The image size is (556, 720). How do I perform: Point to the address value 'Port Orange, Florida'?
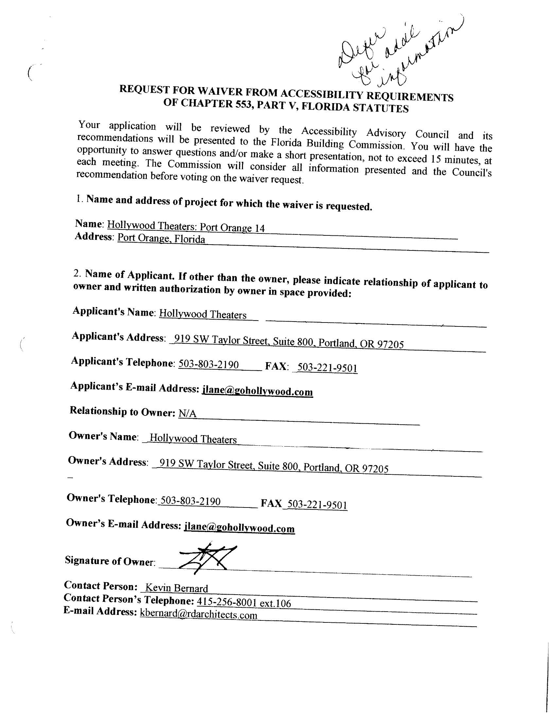161,238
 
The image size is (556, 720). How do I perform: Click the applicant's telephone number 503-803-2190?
209,364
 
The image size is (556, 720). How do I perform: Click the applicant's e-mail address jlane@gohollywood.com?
257,391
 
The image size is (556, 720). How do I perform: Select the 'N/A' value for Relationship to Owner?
187,414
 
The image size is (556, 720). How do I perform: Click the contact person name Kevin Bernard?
177,588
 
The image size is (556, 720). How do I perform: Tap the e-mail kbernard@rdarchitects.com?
199,615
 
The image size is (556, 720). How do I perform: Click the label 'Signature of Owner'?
110,561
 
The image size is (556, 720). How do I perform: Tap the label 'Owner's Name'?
103,436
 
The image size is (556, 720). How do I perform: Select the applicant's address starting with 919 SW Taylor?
289,342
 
